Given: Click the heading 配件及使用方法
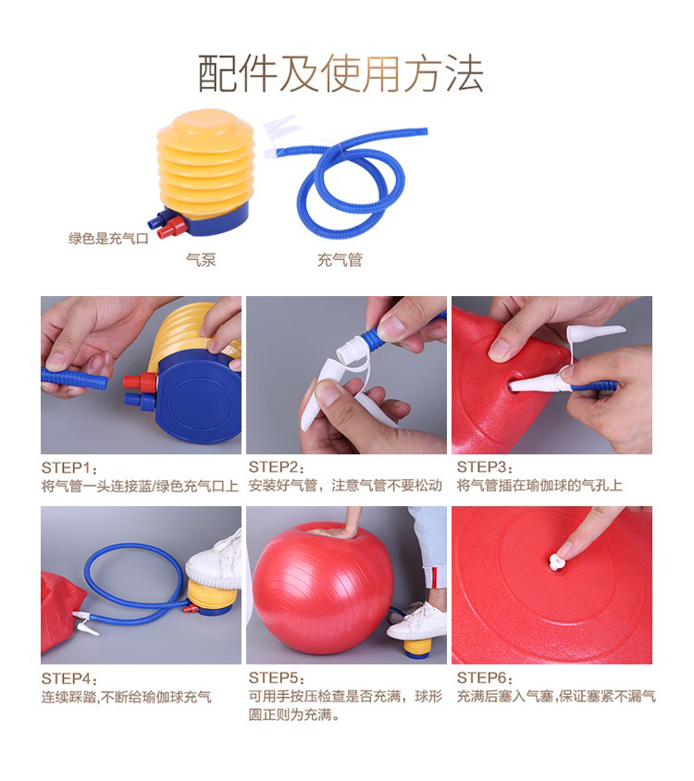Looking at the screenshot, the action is [341, 74].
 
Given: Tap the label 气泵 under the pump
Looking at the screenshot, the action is [201, 259].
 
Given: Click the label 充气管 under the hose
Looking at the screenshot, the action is [340, 259].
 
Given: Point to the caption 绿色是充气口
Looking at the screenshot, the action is [108, 239].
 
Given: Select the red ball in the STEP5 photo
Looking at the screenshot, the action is [323, 591].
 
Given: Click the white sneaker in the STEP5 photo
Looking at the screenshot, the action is [417, 623].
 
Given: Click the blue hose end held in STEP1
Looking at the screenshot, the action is [74, 378].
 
